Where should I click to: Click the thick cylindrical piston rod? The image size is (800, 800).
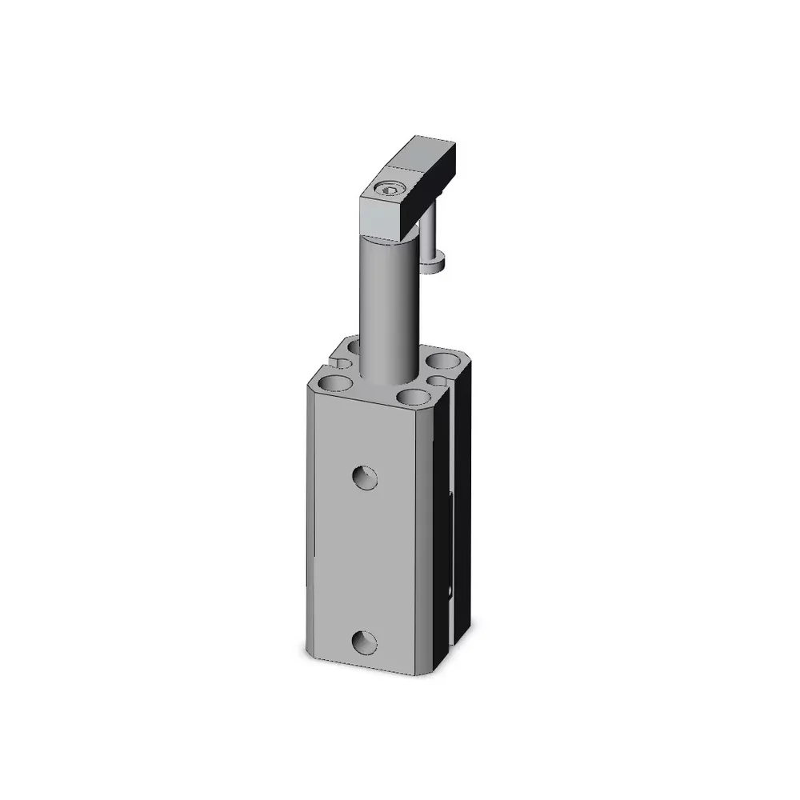coord(387,304)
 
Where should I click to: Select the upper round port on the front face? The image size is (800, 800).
coord(366,478)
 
